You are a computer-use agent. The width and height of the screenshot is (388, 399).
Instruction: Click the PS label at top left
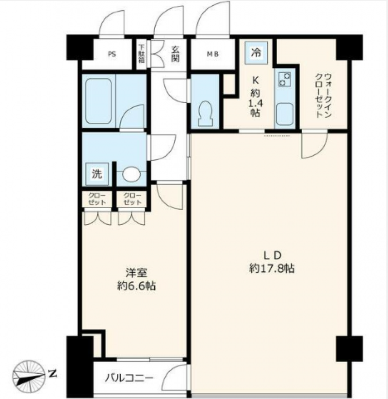[112, 54]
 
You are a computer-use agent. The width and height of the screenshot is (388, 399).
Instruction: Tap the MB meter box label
[213, 54]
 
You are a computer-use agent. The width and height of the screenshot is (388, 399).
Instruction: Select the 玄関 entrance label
[176, 52]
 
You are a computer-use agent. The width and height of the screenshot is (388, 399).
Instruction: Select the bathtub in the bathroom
[99, 101]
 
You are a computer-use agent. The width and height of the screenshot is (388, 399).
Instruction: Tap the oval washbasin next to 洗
[131, 174]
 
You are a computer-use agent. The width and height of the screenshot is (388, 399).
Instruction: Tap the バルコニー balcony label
[130, 377]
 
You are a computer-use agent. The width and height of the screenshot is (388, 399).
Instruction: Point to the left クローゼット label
[97, 199]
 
